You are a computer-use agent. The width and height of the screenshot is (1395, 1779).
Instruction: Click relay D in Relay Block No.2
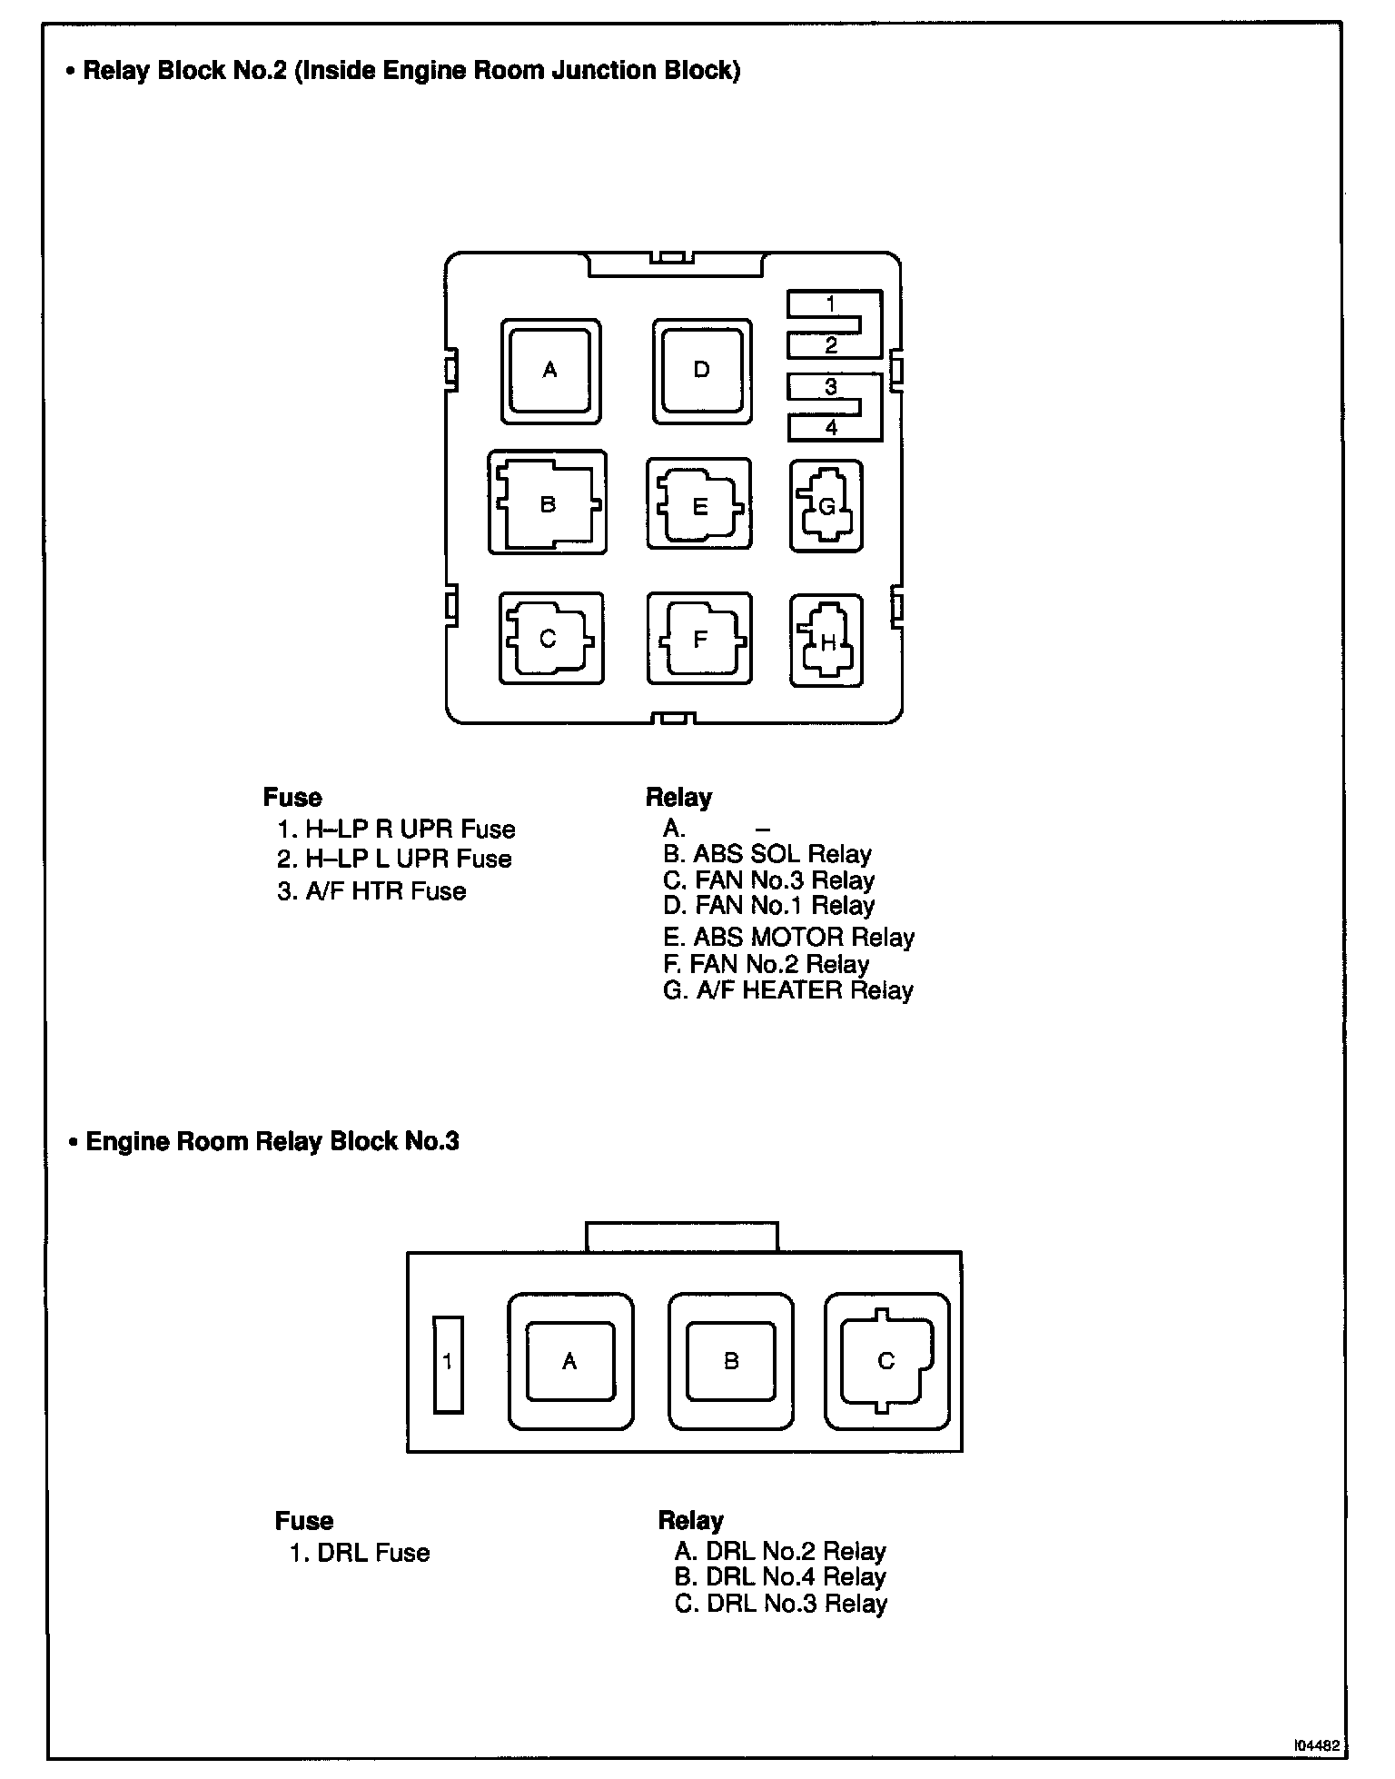point(701,371)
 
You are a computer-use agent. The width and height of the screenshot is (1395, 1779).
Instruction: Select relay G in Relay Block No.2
point(826,507)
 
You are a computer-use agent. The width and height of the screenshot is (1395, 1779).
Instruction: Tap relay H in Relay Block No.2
point(826,641)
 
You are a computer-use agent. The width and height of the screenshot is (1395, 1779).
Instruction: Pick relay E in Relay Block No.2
point(699,505)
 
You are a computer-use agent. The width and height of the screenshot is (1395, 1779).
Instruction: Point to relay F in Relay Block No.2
point(699,639)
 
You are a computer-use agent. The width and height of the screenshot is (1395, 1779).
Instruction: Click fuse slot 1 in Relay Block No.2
point(831,304)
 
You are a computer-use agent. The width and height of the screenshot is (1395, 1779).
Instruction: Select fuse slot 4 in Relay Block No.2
point(831,427)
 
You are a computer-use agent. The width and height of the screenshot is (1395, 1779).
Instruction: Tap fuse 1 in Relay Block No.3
point(448,1364)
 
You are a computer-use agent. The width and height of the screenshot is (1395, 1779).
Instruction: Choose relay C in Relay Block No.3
point(886,1361)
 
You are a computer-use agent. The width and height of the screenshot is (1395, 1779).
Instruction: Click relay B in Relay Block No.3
point(731,1361)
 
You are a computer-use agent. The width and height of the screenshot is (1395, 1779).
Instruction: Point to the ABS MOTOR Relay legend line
point(788,938)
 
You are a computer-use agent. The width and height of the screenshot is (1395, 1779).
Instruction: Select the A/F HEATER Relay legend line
point(787,990)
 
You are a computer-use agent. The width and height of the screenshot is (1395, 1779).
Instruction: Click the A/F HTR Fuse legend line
point(371,891)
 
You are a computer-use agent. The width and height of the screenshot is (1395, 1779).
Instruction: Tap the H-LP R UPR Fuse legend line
point(396,830)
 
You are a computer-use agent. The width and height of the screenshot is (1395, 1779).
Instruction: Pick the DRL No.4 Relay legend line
point(780,1577)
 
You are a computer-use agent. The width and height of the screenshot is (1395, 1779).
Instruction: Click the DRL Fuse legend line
point(360,1553)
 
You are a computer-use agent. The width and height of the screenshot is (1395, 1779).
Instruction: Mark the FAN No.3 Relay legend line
point(768,880)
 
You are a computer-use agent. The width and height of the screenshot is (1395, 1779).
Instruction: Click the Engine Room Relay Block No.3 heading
point(272,1141)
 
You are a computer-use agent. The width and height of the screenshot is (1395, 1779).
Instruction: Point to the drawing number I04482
point(1318,1746)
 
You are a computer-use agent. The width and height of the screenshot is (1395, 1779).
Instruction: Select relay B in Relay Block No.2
point(548,504)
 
